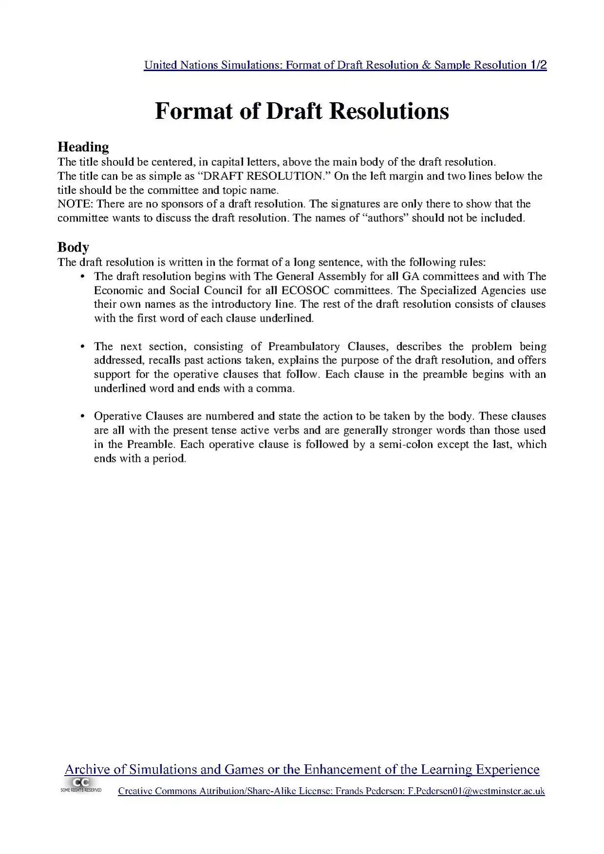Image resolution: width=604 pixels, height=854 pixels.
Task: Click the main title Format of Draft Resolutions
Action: pos(302,112)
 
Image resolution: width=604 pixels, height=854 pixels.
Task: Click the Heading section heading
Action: pos(83,147)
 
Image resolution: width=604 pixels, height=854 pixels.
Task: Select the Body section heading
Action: pos(73,247)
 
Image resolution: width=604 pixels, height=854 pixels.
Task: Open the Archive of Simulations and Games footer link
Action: pos(302,770)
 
